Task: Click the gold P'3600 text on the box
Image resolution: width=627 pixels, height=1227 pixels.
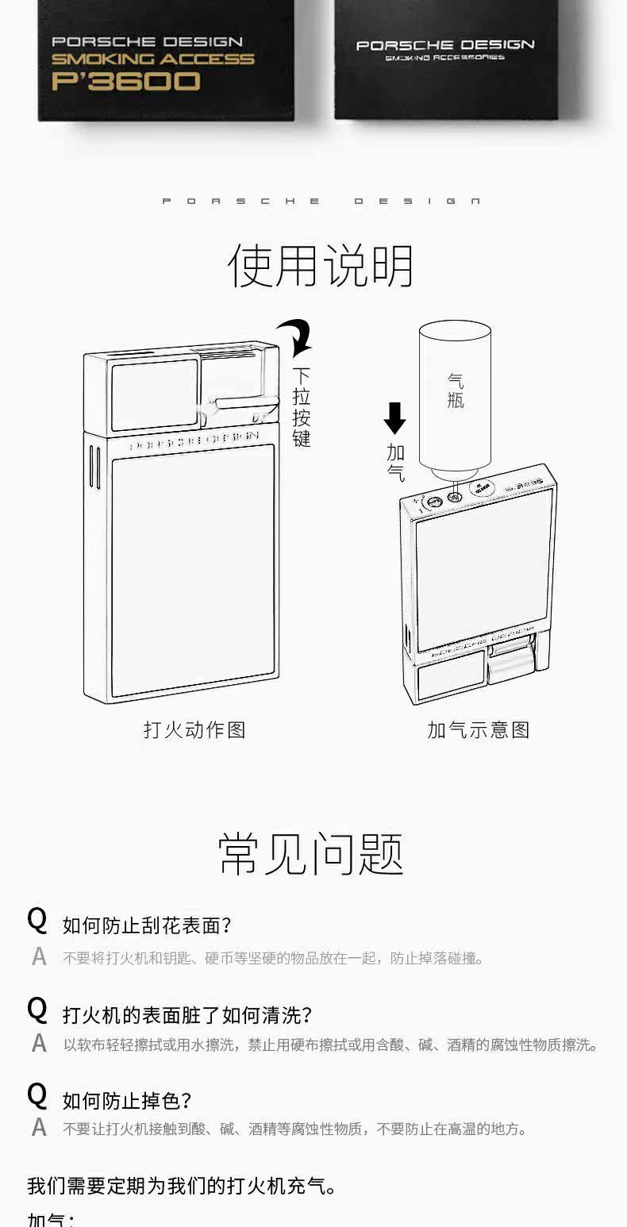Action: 125,81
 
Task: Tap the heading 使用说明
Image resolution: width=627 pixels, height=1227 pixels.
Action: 321,266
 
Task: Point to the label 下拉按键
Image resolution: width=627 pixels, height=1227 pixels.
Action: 301,406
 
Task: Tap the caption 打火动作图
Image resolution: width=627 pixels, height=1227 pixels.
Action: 194,729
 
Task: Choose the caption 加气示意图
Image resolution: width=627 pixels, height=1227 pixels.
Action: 478,729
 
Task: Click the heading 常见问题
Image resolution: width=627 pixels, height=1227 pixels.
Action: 311,854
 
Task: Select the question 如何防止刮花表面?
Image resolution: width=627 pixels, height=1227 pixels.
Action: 147,925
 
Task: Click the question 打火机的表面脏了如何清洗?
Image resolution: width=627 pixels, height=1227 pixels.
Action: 187,1014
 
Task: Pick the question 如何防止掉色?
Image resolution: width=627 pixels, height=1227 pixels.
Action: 127,1101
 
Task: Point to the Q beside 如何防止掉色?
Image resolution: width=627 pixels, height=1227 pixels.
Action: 37,1096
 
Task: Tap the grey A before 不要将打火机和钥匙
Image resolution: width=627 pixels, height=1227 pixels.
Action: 39,957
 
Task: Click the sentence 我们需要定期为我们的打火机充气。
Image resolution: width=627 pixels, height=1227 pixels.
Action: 183,1186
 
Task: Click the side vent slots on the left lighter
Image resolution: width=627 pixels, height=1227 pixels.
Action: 93,467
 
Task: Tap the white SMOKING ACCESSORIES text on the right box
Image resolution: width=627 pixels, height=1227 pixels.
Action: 444,58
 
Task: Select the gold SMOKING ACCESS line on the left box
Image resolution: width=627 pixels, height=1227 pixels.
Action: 152,60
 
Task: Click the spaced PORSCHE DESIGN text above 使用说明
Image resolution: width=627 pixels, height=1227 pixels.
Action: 321,202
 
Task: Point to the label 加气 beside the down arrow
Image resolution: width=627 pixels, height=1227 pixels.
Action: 395,463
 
